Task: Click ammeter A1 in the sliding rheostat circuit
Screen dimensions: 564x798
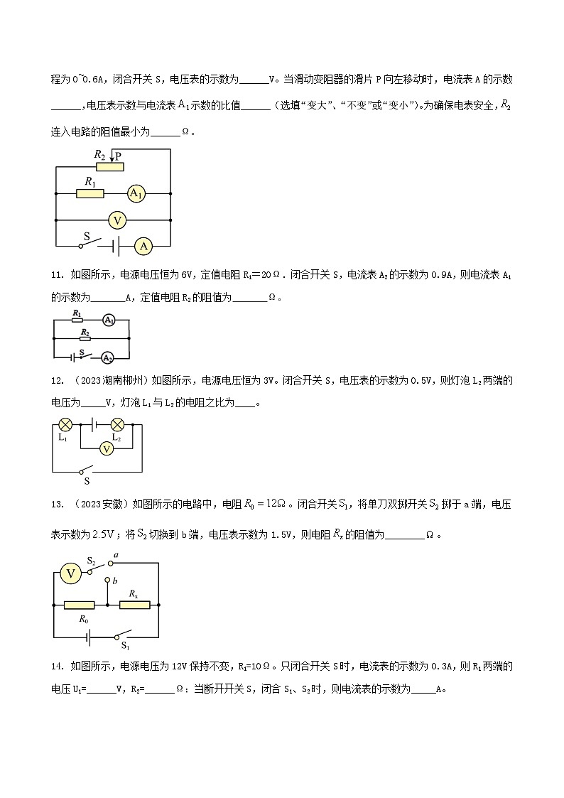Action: pyautogui.click(x=136, y=193)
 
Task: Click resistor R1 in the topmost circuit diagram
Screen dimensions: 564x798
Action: pyautogui.click(x=90, y=193)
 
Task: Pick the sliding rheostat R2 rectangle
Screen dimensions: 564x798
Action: pyautogui.click(x=109, y=167)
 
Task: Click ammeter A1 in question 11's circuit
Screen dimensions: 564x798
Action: pyautogui.click(x=108, y=321)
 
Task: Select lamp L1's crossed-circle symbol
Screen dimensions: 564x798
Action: pyautogui.click(x=65, y=424)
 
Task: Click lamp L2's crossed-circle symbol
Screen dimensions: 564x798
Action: pyautogui.click(x=118, y=424)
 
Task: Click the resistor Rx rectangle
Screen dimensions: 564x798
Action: pyautogui.click(x=134, y=605)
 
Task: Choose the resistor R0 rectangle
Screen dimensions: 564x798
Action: pyautogui.click(x=80, y=605)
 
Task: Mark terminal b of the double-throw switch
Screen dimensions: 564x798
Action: pyautogui.click(x=107, y=580)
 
